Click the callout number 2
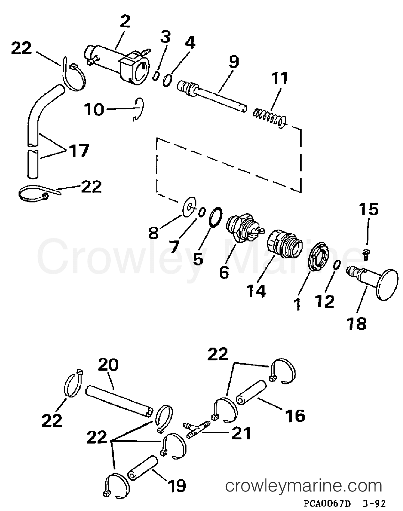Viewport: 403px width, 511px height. (125, 22)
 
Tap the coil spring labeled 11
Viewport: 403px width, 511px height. (270, 117)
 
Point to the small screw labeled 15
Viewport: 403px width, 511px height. (367, 255)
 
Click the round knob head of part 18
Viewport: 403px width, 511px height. (387, 285)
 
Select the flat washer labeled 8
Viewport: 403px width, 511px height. (190, 207)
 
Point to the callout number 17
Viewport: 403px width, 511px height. (79, 150)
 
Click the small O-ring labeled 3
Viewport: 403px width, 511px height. (156, 77)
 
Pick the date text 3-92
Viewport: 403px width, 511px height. (374, 503)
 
